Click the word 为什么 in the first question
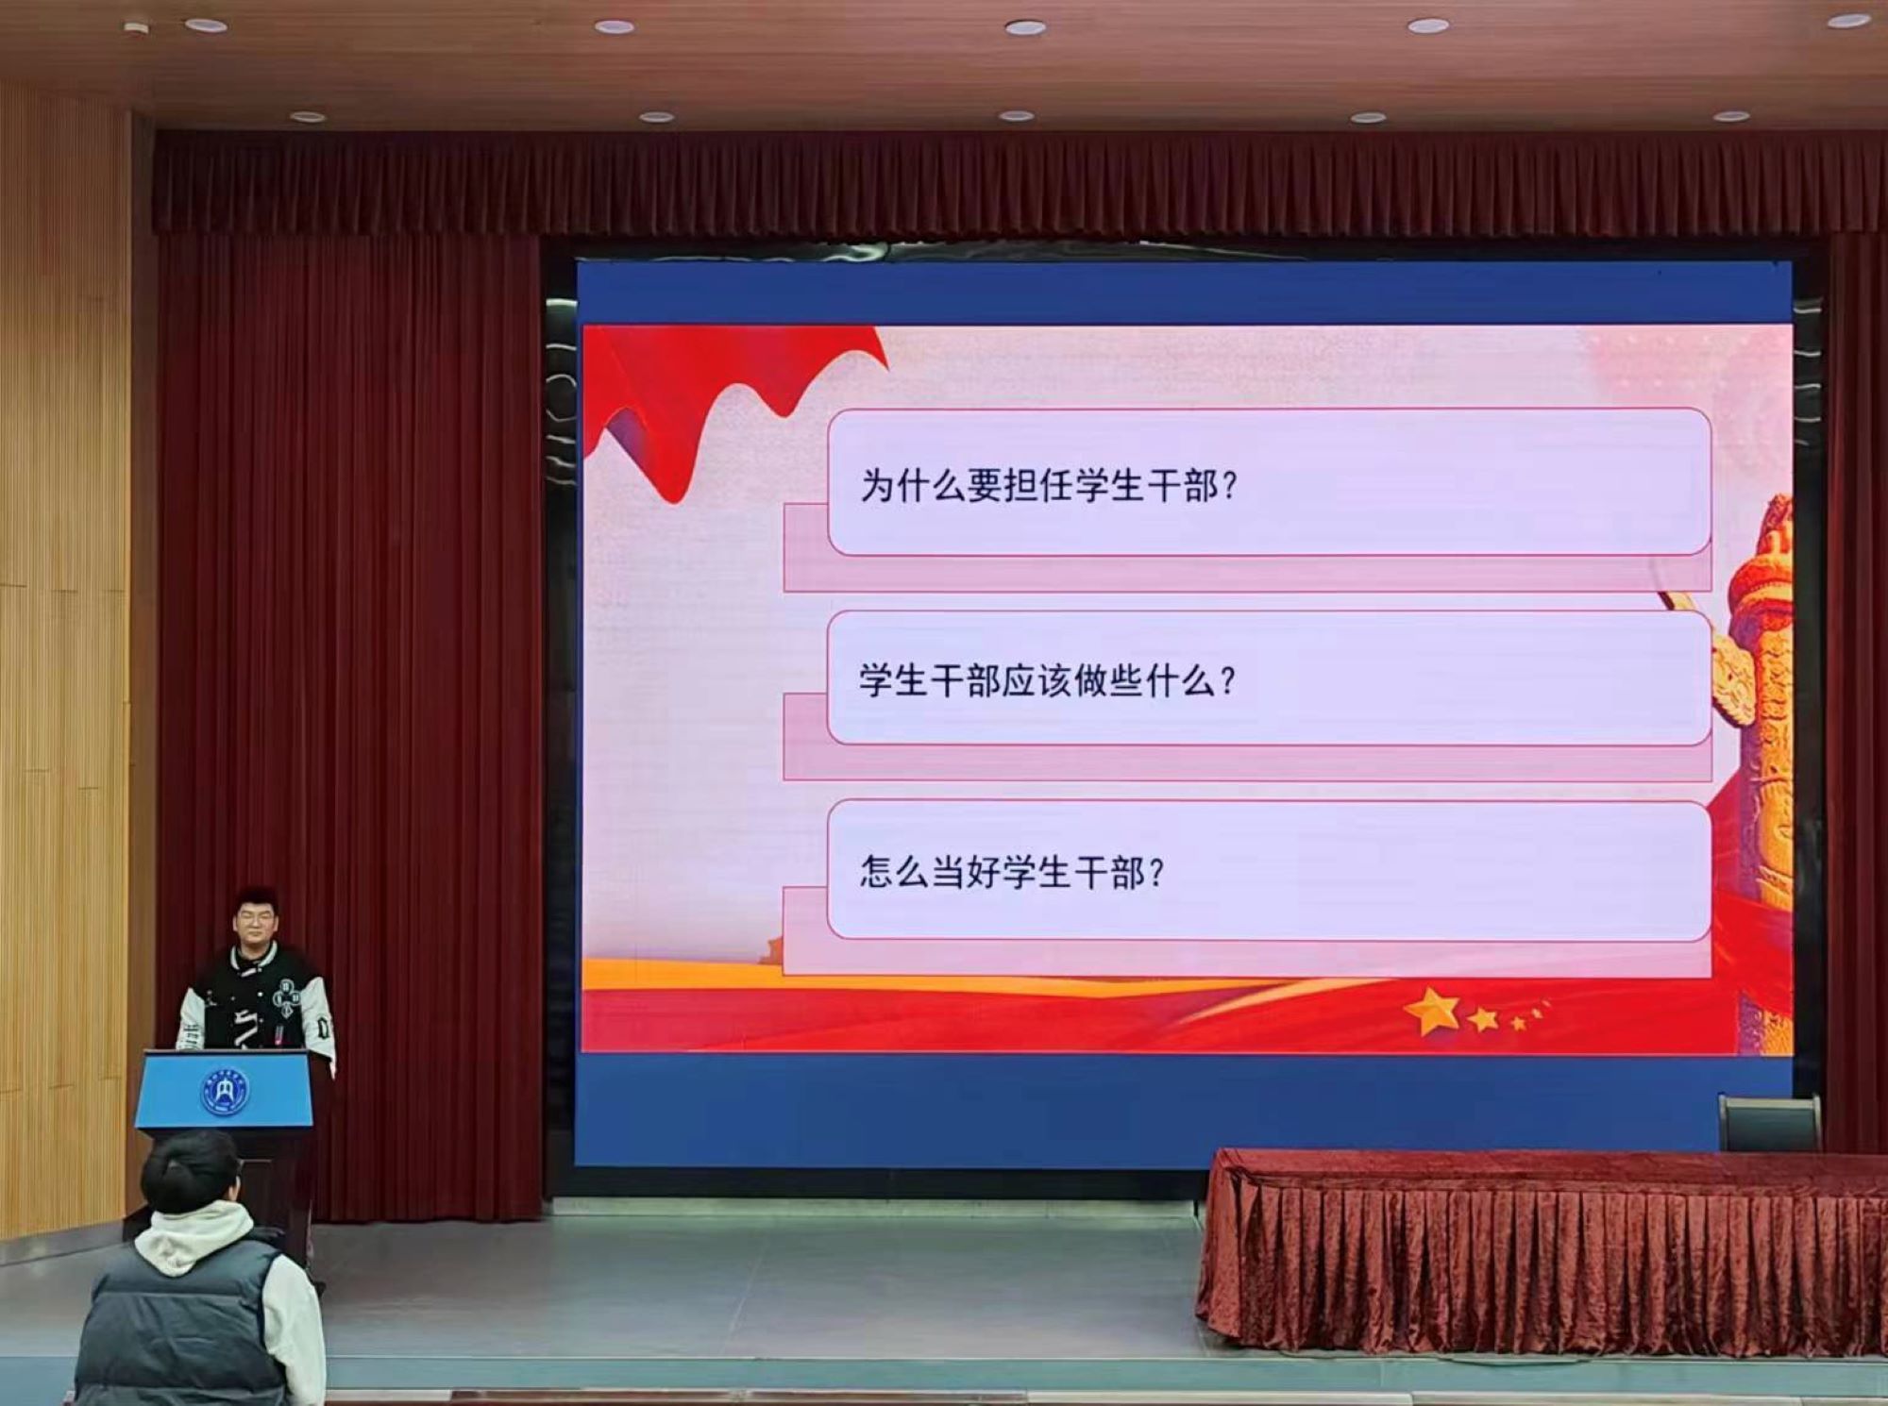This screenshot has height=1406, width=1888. point(913,487)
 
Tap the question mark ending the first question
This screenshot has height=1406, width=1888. point(1229,487)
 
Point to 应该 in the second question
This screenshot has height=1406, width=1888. point(1037,680)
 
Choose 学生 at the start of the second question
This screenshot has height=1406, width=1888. point(894,680)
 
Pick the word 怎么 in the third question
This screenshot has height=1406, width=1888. point(894,871)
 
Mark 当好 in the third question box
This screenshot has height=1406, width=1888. point(965,871)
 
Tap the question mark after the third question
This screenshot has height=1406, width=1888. point(1155,872)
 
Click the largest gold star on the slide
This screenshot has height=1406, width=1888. point(1432,1012)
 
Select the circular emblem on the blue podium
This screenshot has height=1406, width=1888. point(225,1091)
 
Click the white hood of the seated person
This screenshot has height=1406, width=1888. point(194,1236)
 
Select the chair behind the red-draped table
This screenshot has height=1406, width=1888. point(1768,1123)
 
